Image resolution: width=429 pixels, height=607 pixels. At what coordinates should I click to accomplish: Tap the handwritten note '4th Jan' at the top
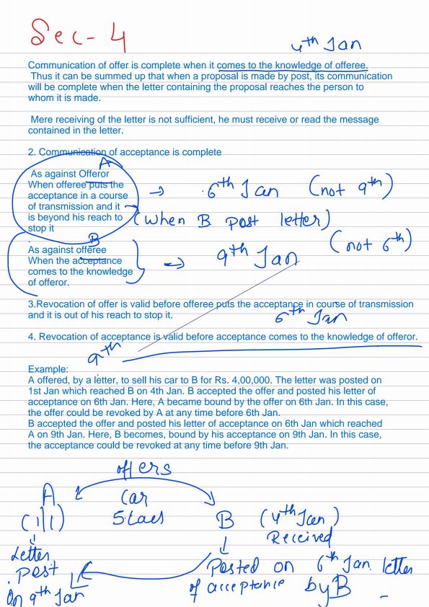[327, 45]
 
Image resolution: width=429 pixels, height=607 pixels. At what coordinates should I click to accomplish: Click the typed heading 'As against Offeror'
[69, 174]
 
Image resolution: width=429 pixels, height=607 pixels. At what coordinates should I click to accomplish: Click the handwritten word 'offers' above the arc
[143, 469]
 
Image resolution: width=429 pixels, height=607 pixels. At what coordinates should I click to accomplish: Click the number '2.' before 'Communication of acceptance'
[32, 152]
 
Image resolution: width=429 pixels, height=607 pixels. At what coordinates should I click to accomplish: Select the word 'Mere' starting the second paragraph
[43, 120]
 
